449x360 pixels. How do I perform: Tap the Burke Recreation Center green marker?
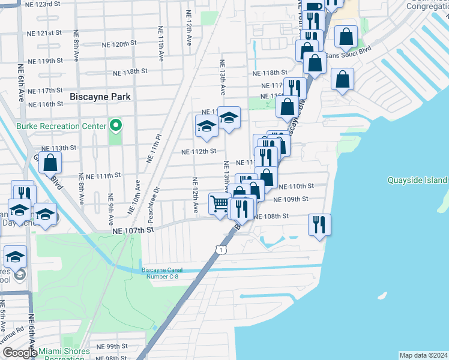tap(116, 126)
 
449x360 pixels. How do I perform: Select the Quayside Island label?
tap(417, 180)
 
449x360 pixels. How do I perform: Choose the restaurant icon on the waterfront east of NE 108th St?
tap(319, 224)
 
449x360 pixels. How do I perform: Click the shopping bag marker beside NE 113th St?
tap(51, 161)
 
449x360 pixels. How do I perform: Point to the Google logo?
tap(19, 353)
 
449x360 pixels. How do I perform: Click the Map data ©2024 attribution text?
tap(423, 355)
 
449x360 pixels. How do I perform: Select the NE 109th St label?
tap(291, 199)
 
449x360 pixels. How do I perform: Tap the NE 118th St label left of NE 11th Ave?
tap(130, 71)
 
